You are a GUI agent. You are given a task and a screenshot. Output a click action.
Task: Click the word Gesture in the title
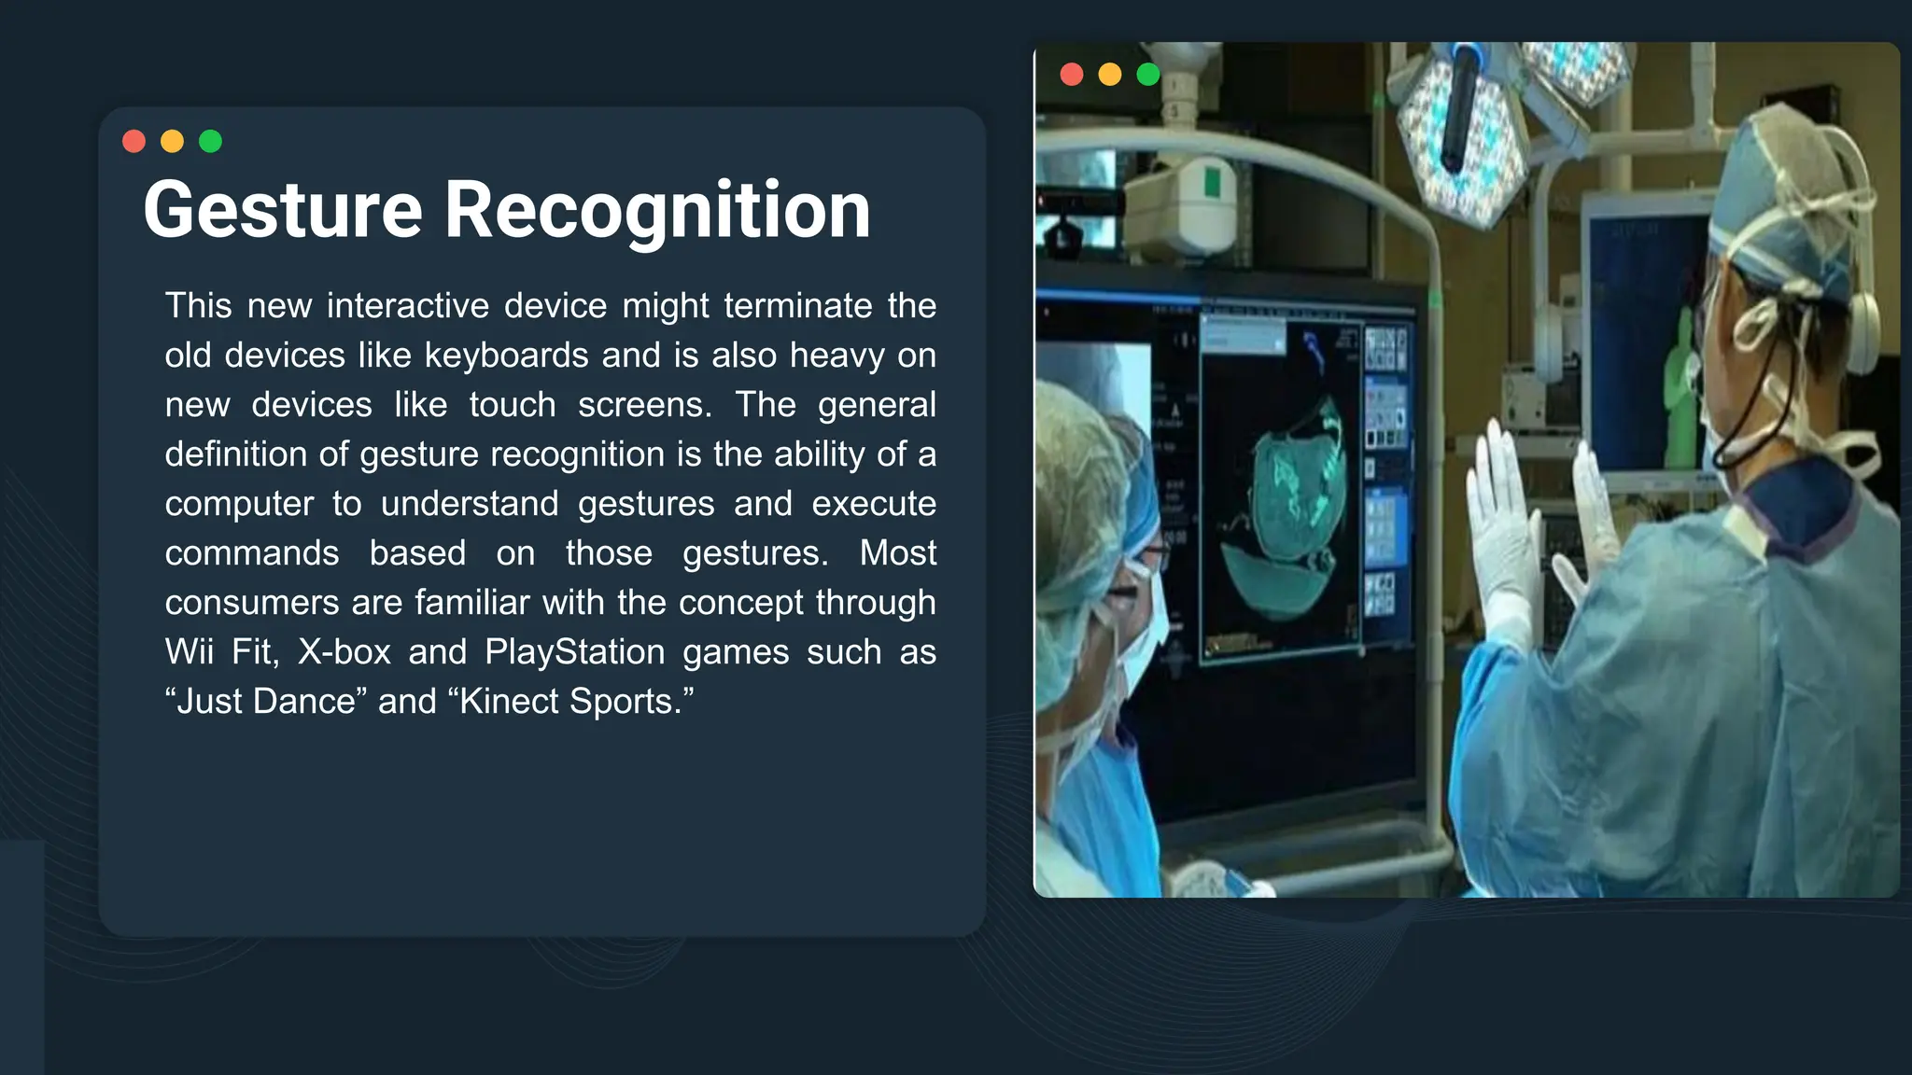click(x=283, y=211)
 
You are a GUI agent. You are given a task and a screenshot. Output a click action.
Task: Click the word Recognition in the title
click(x=657, y=211)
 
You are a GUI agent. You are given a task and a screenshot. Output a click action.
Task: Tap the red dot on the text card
click(x=134, y=141)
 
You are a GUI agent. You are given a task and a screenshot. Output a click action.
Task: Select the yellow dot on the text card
click(x=173, y=141)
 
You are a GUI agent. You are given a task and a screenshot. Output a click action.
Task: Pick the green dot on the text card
click(x=211, y=141)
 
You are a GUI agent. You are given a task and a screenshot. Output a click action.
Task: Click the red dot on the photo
click(x=1072, y=75)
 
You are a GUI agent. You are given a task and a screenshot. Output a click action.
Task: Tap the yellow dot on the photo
click(x=1110, y=75)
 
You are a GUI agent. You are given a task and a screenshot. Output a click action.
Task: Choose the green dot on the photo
click(x=1148, y=75)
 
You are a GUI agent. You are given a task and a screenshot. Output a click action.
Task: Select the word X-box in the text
click(x=344, y=652)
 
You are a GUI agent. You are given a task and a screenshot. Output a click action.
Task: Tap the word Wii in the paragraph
click(x=190, y=652)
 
